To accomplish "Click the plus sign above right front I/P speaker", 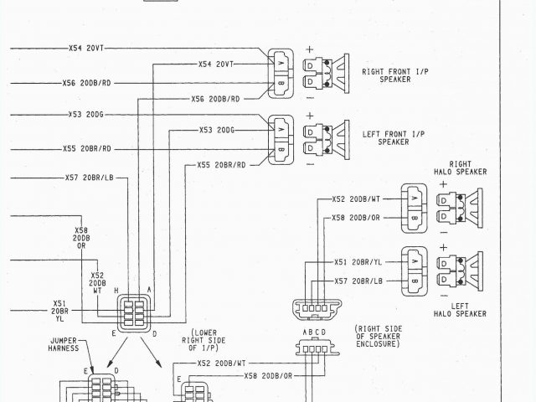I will [310, 49].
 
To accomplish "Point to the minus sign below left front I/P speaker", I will [310, 163].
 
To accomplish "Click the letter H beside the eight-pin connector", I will [116, 291].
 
